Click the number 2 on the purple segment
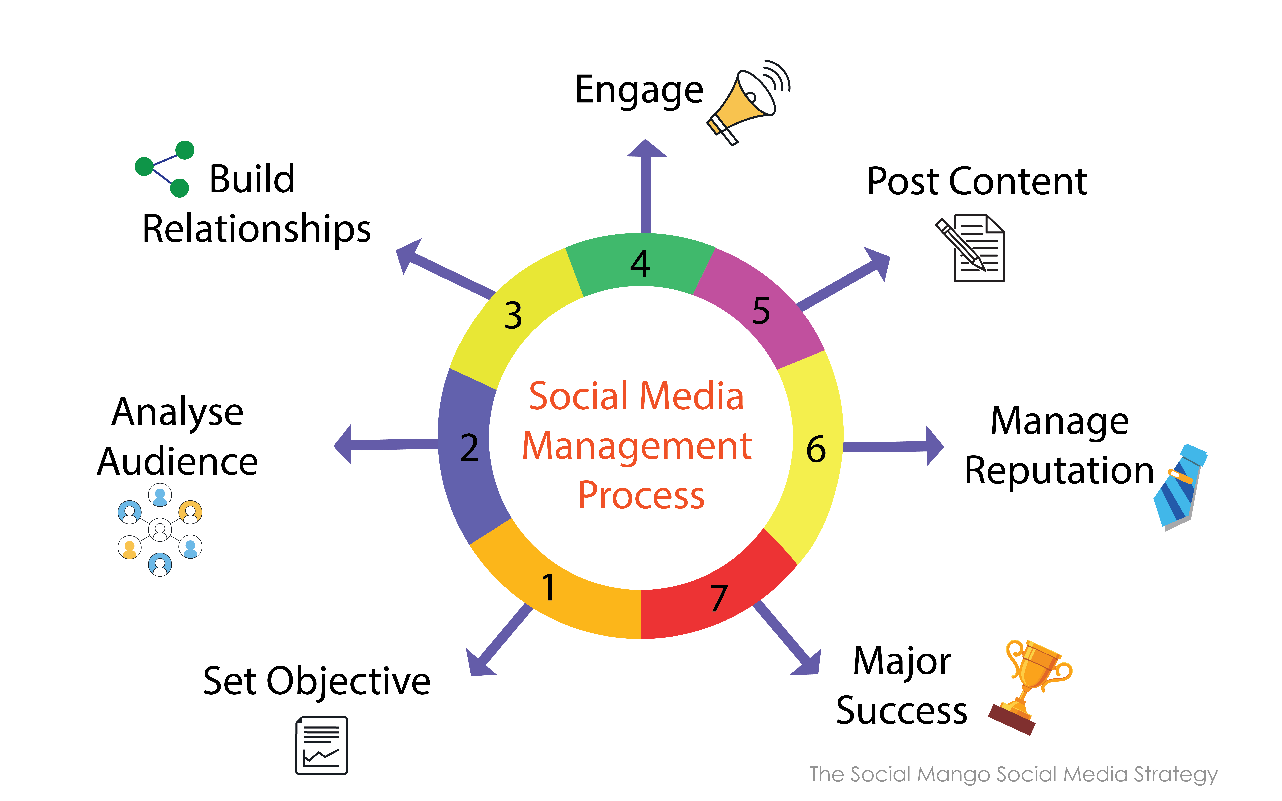click(x=469, y=448)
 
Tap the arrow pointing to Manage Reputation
click(x=893, y=446)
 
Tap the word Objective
click(x=348, y=682)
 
